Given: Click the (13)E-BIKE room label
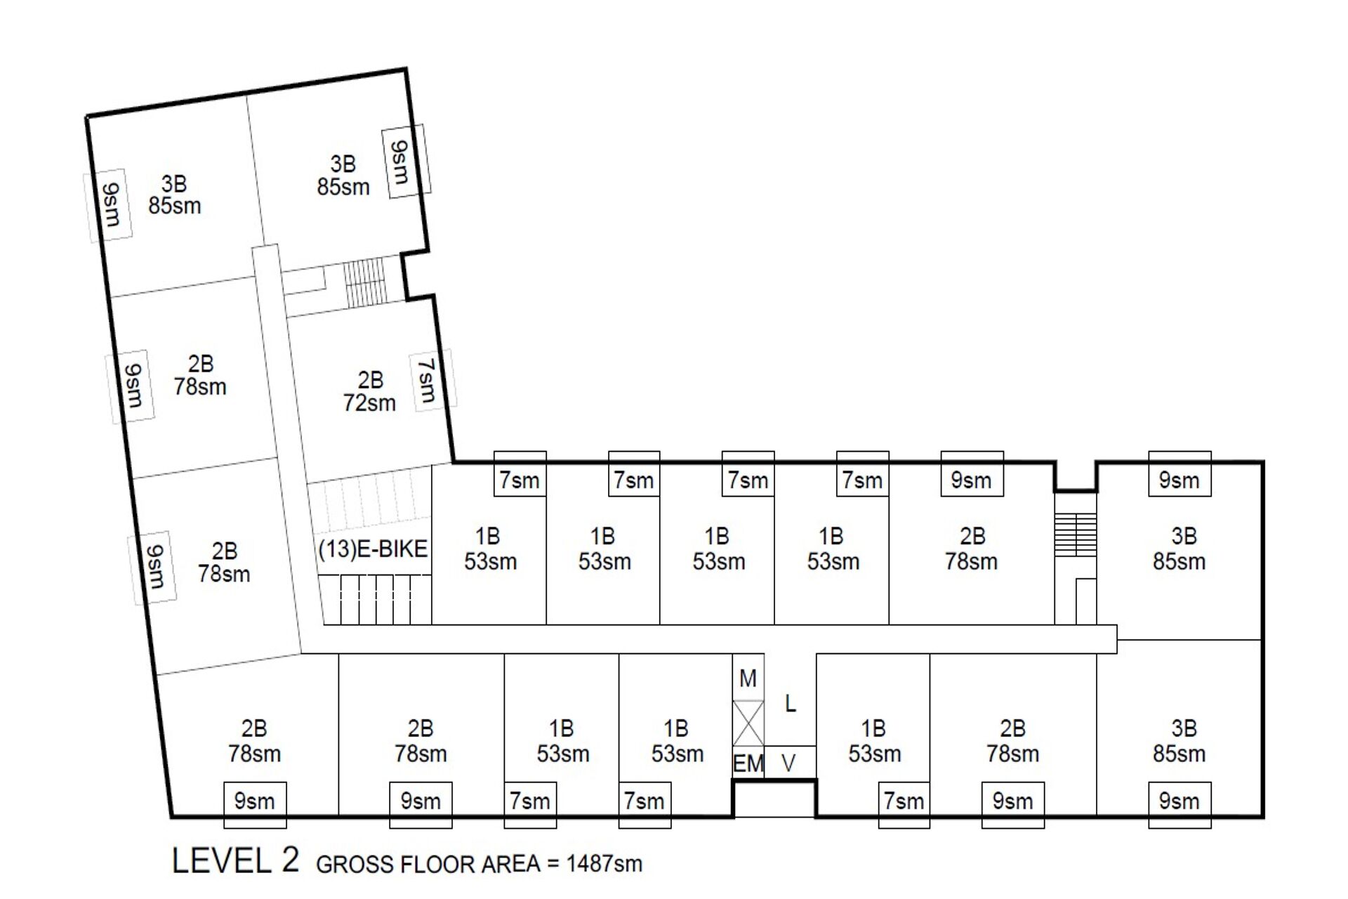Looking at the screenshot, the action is point(373,549).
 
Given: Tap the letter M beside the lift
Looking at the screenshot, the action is point(748,678).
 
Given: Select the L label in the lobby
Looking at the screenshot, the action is point(791,703).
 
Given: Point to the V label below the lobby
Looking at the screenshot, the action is point(788,763).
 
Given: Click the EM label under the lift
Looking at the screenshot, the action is point(748,763).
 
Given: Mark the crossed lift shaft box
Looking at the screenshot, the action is point(748,723).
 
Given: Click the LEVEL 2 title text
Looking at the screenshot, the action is point(236,860).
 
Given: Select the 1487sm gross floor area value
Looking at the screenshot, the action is point(604,863).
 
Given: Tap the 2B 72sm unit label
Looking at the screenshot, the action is point(369,391).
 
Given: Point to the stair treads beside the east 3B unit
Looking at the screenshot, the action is point(1076,534).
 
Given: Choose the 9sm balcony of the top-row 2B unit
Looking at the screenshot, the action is point(972,474).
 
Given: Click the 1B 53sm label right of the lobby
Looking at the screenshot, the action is point(874,741).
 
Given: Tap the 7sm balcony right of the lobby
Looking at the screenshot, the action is point(904,804).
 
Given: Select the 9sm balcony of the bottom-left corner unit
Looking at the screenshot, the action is point(255,804).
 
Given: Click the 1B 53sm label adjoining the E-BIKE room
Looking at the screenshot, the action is point(490,549).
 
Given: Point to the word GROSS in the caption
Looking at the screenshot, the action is point(355,864).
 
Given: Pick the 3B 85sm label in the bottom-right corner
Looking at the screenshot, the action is point(1179,741).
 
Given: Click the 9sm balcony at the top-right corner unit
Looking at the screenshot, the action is point(1179,474).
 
